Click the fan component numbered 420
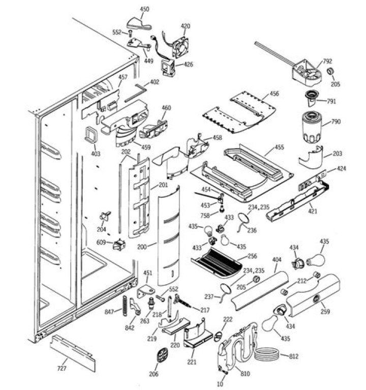[x=182, y=47]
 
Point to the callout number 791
[x=331, y=101]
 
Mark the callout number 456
[x=274, y=94]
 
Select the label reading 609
[x=101, y=243]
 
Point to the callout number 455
[x=279, y=147]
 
